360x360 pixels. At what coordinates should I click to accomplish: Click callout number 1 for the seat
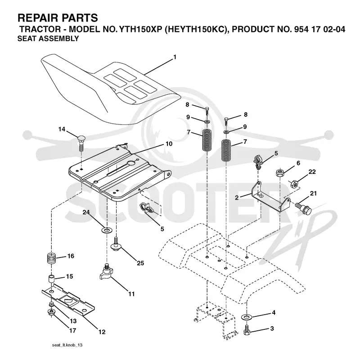click(175, 57)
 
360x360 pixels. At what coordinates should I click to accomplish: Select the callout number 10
click(169, 144)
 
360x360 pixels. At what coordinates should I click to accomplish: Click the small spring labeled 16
click(51, 258)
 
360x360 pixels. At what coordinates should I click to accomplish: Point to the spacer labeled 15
click(51, 279)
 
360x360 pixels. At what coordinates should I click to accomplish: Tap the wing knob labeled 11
click(106, 272)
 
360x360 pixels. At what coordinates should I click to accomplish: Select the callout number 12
click(102, 332)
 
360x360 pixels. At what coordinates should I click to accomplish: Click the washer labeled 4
click(247, 317)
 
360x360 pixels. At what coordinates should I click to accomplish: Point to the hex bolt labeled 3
click(247, 329)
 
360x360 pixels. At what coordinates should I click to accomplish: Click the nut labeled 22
click(294, 184)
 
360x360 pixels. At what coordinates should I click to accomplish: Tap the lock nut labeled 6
click(280, 173)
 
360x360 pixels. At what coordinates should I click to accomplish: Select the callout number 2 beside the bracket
click(237, 197)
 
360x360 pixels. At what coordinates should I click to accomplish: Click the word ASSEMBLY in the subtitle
click(58, 38)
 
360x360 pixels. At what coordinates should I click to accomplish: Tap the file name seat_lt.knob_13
click(67, 345)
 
